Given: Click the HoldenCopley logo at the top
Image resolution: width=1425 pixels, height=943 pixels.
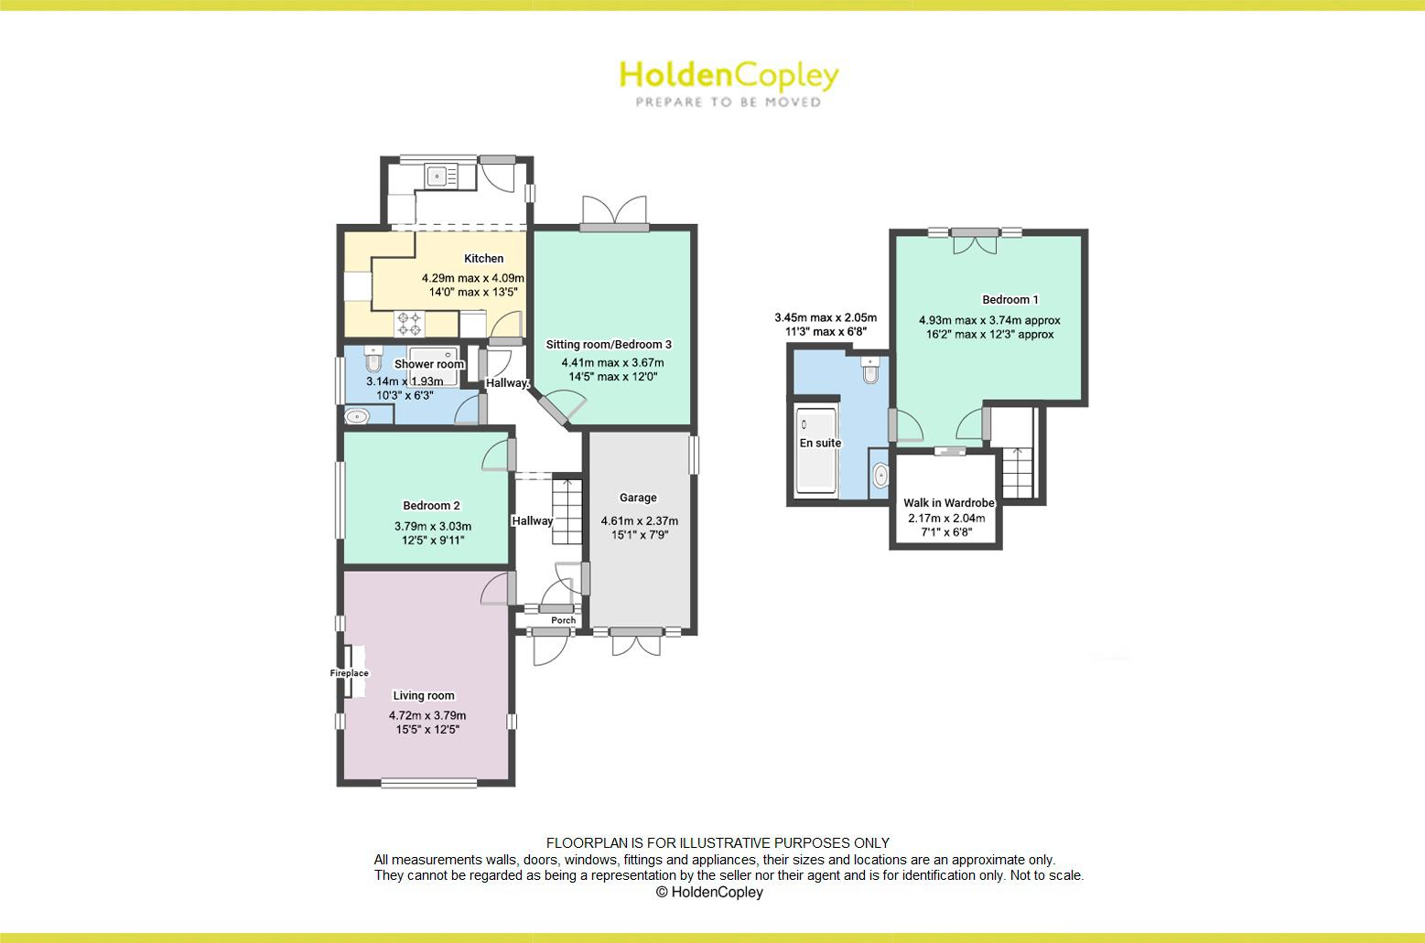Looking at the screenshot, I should point(729,81).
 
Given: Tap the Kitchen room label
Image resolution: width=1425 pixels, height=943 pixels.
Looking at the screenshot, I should point(483,259).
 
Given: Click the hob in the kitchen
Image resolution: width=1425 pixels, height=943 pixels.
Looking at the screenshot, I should point(409,323).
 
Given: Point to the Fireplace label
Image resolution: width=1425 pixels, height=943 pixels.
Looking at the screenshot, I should point(349,673).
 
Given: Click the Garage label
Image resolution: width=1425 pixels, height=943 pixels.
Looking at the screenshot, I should point(638,498).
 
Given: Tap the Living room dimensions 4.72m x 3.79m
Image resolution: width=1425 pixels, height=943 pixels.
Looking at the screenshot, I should point(427,715).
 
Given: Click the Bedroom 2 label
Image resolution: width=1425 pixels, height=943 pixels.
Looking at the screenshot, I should point(431,506).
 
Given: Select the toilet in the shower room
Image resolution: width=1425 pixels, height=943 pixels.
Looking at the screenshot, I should point(372,355).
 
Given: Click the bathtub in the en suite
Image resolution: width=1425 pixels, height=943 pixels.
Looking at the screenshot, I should point(815,450).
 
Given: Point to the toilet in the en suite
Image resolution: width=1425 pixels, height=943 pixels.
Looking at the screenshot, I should point(870,371).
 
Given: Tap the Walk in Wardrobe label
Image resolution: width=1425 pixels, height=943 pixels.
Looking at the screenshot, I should point(948,503).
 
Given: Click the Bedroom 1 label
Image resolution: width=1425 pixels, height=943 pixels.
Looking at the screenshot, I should point(1010,300).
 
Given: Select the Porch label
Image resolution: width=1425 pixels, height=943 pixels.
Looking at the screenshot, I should point(563,620).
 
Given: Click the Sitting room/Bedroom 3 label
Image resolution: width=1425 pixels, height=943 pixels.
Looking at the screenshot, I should point(609,345).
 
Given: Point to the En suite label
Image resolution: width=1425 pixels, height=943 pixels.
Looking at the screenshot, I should point(820,444).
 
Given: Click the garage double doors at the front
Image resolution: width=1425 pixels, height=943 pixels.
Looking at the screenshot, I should point(636,641).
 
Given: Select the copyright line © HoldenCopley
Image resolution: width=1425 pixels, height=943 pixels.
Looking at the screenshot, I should point(709,893).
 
